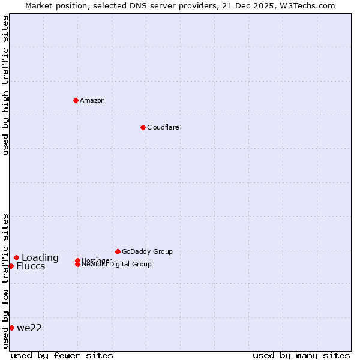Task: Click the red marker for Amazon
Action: (76, 100)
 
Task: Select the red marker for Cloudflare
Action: (143, 127)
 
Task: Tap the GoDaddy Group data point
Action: (118, 251)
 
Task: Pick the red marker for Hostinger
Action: (77, 260)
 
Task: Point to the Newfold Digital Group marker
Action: (77, 265)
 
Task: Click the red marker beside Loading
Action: (16, 258)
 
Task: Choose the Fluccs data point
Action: (11, 266)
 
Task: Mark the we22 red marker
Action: (11, 328)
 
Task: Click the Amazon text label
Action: (92, 100)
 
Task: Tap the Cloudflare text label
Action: (163, 127)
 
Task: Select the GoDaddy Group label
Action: (147, 251)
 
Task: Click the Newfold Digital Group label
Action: (117, 265)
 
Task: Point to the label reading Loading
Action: (40, 258)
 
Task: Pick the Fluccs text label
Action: (31, 266)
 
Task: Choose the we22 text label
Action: (29, 328)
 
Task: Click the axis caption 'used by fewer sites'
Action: (62, 355)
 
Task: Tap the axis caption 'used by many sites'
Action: (301, 355)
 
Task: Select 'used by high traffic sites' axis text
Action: (6, 85)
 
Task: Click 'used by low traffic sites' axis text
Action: (6, 281)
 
